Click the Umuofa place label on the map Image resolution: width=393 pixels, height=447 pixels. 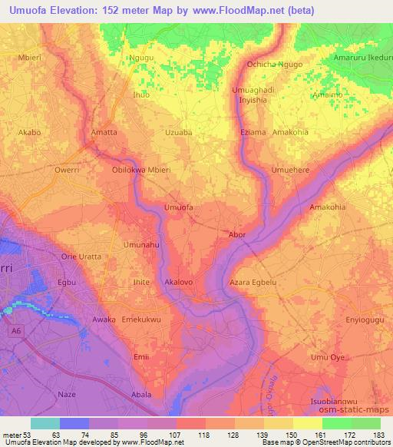pos(179,207)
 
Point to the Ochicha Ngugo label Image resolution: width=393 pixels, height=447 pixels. pos(274,65)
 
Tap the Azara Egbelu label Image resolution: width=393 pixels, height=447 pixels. pos(253,283)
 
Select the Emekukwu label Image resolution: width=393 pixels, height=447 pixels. pos(142,318)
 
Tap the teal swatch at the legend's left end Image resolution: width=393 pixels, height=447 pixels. pos(45,424)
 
